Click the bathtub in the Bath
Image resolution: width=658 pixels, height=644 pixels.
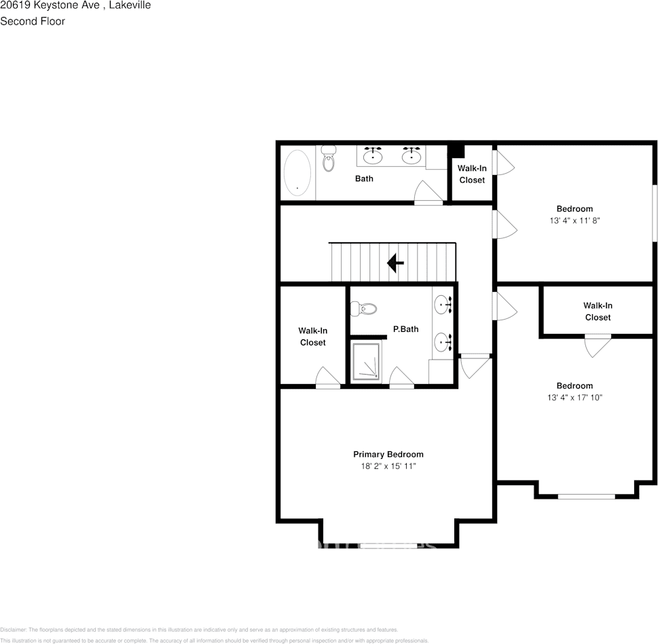pos(297,171)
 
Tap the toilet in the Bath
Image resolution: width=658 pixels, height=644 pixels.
pos(329,159)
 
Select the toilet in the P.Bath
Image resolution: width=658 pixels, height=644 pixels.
pos(364,309)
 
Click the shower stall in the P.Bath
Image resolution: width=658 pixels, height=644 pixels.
pos(367,362)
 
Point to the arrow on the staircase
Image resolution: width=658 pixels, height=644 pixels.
pos(395,263)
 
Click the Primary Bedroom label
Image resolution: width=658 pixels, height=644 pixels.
pos(388,454)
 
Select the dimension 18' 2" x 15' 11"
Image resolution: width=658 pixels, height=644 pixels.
pos(388,467)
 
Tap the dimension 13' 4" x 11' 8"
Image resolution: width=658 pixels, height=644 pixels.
pos(574,221)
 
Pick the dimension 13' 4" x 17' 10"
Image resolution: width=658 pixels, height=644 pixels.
pos(574,398)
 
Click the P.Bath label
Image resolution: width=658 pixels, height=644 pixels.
pos(405,329)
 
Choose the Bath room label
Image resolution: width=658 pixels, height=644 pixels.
pos(364,178)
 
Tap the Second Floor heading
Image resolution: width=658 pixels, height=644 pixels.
pos(33,21)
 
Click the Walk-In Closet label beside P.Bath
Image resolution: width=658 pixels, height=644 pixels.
pos(312,337)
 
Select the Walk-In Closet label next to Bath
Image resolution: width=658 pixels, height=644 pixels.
pos(472,174)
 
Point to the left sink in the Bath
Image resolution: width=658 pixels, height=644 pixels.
pos(372,156)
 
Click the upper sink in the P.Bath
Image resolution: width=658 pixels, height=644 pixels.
pos(443,305)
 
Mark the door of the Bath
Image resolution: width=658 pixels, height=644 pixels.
pos(428,194)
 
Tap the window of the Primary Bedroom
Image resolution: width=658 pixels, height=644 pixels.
pos(388,545)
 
